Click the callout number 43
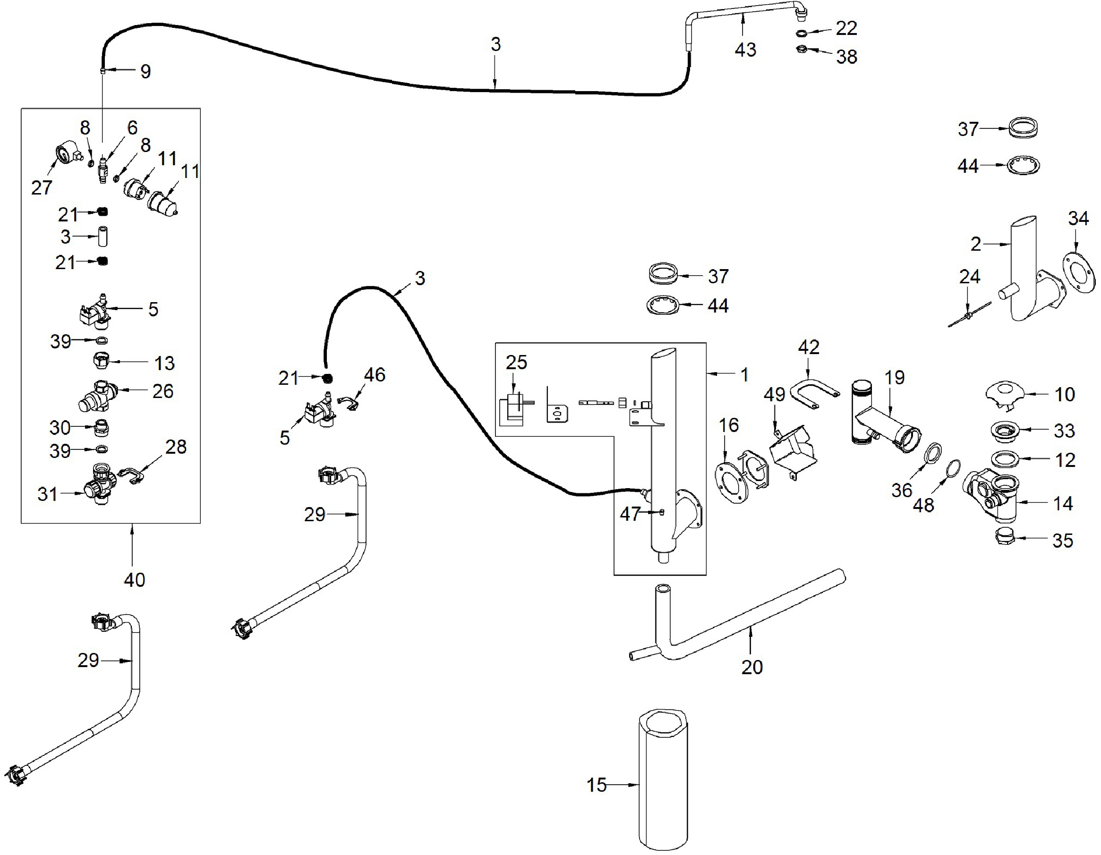click(x=745, y=50)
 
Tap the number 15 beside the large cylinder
click(x=597, y=785)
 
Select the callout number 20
click(x=751, y=667)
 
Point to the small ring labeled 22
click(x=802, y=33)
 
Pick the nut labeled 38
click(x=801, y=50)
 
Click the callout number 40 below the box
click(x=134, y=580)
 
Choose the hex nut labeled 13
click(x=102, y=361)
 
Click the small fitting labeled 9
click(x=102, y=71)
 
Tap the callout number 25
click(x=516, y=362)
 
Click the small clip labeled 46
click(x=351, y=403)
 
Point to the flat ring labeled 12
click(x=1005, y=459)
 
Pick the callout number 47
click(x=630, y=514)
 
